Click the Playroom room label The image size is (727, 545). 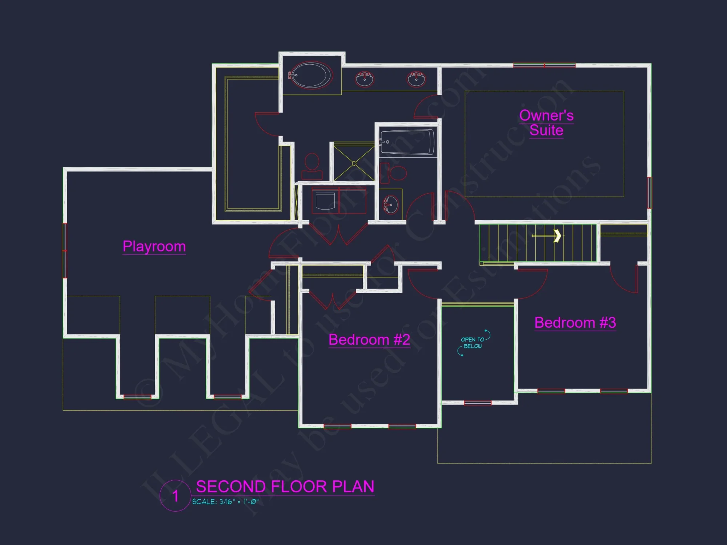click(x=154, y=246)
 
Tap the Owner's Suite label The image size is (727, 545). click(x=546, y=123)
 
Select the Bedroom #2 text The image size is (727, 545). click(x=369, y=340)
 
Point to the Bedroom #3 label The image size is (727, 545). click(x=575, y=323)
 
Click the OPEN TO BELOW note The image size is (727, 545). click(x=473, y=343)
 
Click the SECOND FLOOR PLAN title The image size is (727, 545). click(x=285, y=487)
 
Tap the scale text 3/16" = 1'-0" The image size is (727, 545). click(x=225, y=502)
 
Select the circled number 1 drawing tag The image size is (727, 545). click(x=175, y=496)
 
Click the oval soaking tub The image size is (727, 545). click(x=311, y=76)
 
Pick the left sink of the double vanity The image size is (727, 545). click(x=364, y=79)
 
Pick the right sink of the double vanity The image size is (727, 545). click(x=416, y=79)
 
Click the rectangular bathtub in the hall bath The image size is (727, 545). click(x=407, y=142)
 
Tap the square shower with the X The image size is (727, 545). click(x=354, y=163)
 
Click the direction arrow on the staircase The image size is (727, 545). click(x=557, y=235)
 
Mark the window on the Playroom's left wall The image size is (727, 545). click(x=65, y=251)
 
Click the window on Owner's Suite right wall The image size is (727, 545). click(x=649, y=193)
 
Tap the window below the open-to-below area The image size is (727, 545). click(x=477, y=403)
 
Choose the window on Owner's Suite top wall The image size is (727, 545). click(x=544, y=66)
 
